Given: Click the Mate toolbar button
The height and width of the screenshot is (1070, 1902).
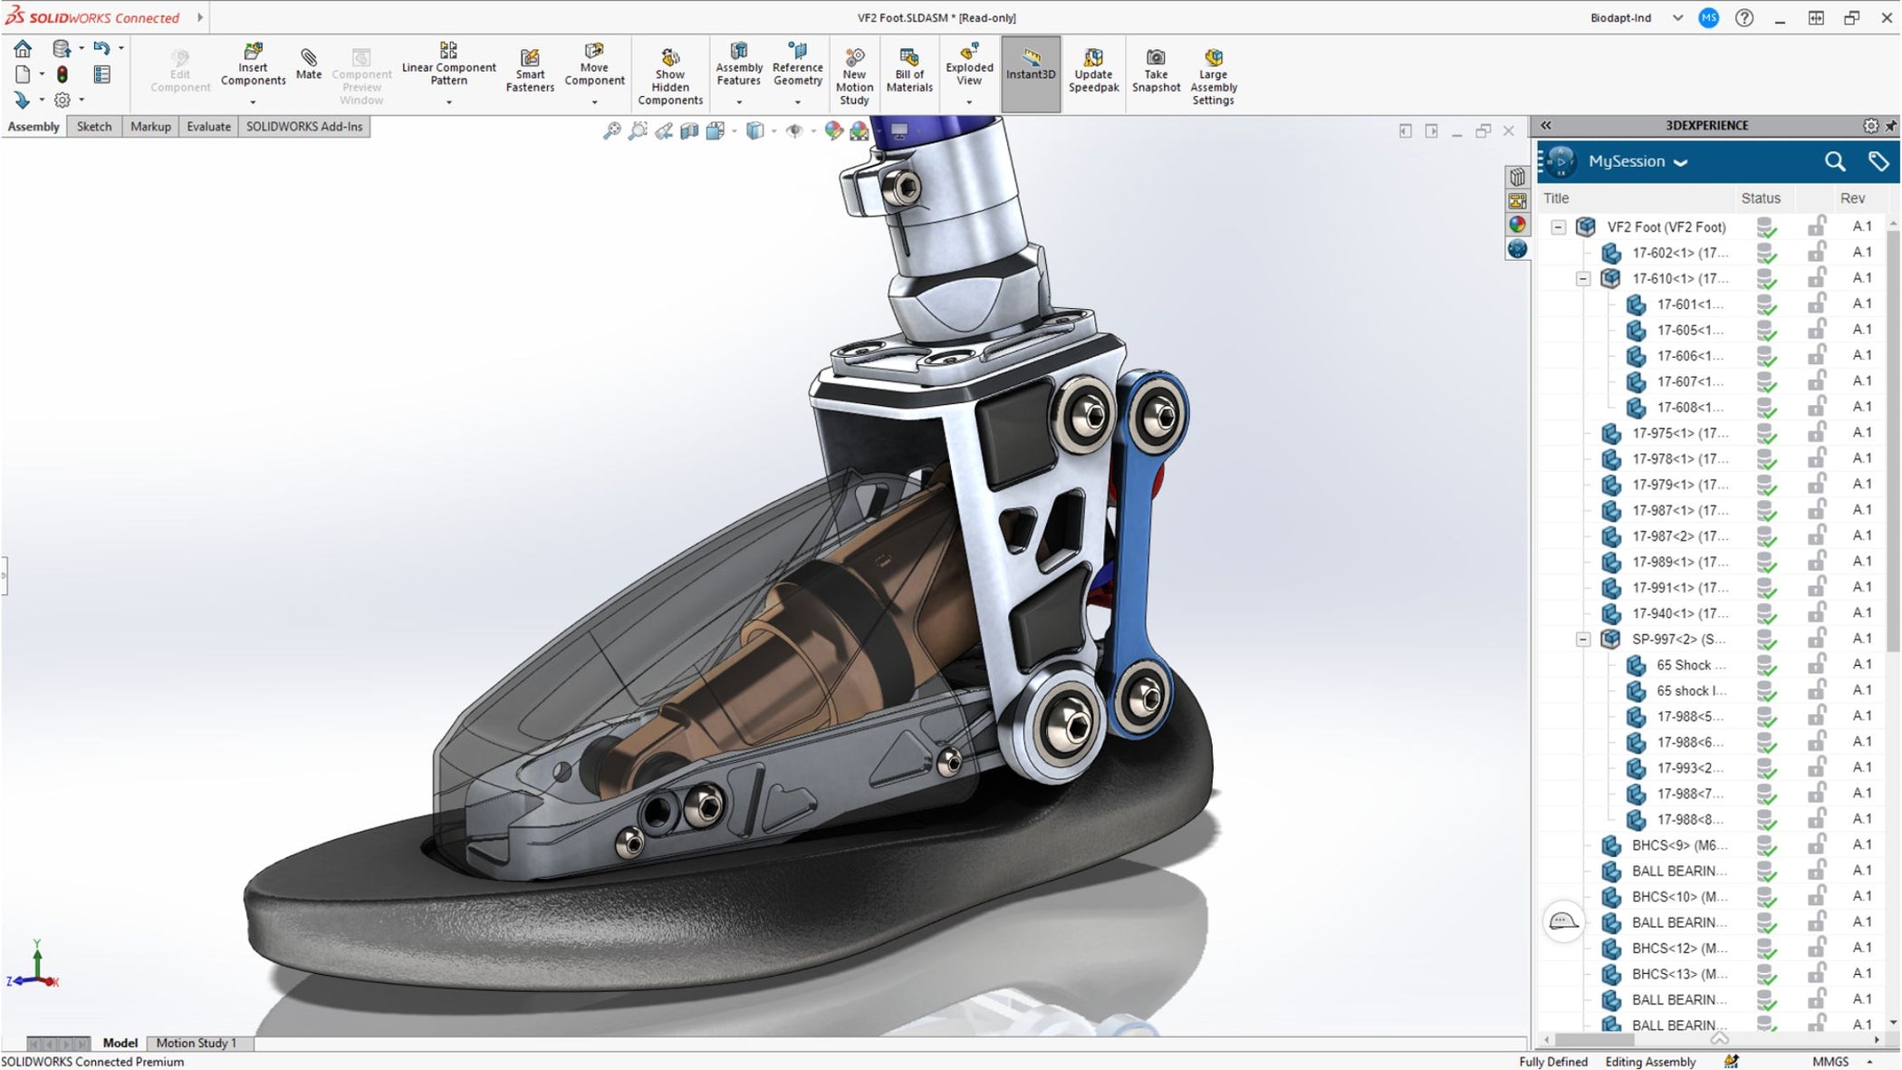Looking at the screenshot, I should point(308,64).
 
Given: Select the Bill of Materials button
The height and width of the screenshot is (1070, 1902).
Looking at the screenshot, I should point(909,71).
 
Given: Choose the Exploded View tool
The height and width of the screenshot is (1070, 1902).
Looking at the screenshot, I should point(969,64).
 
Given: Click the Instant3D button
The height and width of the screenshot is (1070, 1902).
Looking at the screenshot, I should point(1031,65).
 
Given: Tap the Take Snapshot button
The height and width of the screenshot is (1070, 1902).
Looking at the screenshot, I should point(1156,71).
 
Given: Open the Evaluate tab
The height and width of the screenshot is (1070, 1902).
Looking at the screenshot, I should point(208,127).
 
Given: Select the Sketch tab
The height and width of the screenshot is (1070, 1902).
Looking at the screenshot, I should point(94,127).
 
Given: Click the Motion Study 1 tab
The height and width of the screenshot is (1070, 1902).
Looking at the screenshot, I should point(196,1043).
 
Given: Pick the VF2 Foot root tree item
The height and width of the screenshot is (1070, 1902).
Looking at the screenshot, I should point(1666,227).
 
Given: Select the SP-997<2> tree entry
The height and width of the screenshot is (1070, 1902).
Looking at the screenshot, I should point(1677,639).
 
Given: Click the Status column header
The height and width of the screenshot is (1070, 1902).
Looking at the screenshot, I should point(1760,198).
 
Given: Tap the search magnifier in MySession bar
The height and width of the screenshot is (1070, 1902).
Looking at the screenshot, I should point(1834,161).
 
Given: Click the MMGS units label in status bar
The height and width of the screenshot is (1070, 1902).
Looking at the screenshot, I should point(1830,1062).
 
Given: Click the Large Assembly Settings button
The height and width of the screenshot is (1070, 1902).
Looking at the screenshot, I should point(1213,76).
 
